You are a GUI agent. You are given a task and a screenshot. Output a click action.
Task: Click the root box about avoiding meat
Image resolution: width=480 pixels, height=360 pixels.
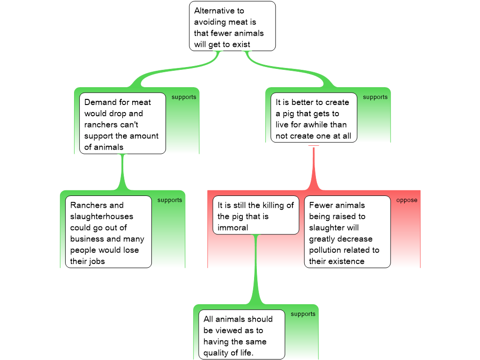click(232, 26)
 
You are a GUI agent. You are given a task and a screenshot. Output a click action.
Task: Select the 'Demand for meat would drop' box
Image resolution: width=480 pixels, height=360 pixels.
click(122, 124)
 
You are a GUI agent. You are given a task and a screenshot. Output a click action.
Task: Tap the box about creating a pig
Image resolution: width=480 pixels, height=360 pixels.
click(313, 118)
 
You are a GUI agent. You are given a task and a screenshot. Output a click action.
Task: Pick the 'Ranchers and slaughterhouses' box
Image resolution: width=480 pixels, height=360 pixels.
click(108, 232)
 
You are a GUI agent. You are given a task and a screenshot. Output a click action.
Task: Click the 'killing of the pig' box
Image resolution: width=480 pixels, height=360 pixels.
click(256, 216)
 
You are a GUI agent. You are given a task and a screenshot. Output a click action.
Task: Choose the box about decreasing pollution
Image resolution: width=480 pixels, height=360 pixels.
click(347, 232)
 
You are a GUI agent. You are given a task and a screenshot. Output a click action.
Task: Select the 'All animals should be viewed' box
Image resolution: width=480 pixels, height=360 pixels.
click(241, 335)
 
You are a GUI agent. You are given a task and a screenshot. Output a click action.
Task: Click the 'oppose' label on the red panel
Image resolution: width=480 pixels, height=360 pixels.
click(406, 200)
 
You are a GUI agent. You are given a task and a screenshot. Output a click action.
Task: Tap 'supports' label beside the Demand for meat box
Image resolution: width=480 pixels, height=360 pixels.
click(184, 97)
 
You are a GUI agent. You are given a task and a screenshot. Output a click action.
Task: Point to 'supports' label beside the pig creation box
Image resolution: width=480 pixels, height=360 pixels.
click(375, 97)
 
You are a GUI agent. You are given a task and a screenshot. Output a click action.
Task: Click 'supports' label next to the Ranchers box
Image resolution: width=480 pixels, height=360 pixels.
click(170, 200)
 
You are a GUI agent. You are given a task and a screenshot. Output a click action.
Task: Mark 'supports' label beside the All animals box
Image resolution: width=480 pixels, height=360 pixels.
click(303, 314)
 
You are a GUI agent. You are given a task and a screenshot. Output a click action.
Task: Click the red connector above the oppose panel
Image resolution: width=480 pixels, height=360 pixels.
click(314, 169)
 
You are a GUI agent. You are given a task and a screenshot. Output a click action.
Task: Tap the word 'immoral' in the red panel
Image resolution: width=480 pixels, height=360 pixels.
click(232, 228)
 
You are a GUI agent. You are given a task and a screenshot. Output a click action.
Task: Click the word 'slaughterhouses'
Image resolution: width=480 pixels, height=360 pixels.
click(102, 217)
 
